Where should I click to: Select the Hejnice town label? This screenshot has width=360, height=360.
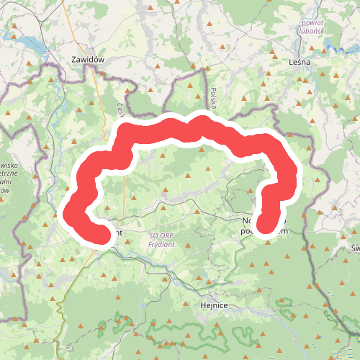click(213, 305)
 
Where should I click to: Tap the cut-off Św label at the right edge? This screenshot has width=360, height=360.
click(354, 248)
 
